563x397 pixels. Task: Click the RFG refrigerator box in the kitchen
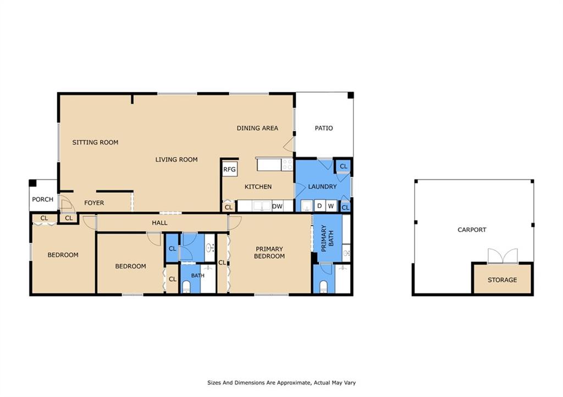pos(229,169)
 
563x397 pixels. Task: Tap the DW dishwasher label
pos(277,206)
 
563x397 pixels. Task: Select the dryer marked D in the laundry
pos(319,206)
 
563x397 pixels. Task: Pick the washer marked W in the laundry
pos(331,206)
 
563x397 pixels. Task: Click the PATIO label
pos(324,128)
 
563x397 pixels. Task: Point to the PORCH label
pos(43,199)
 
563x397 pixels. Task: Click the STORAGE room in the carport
pos(503,279)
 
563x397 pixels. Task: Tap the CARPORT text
pos(472,230)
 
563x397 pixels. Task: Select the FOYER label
pos(94,203)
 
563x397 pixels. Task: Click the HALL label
pos(159,223)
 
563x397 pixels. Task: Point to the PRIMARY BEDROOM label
pos(269,253)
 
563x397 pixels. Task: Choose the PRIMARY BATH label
pos(328,238)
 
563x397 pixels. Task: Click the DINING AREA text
pos(257,128)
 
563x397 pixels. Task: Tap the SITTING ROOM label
pos(95,142)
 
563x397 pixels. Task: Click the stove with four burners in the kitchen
pos(288,165)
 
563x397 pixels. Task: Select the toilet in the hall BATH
pos(186,287)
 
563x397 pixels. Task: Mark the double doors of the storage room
pos(503,256)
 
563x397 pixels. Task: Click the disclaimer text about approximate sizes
pos(281,383)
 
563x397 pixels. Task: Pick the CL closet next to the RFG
pos(228,208)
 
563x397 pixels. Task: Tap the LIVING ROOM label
pos(176,160)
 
